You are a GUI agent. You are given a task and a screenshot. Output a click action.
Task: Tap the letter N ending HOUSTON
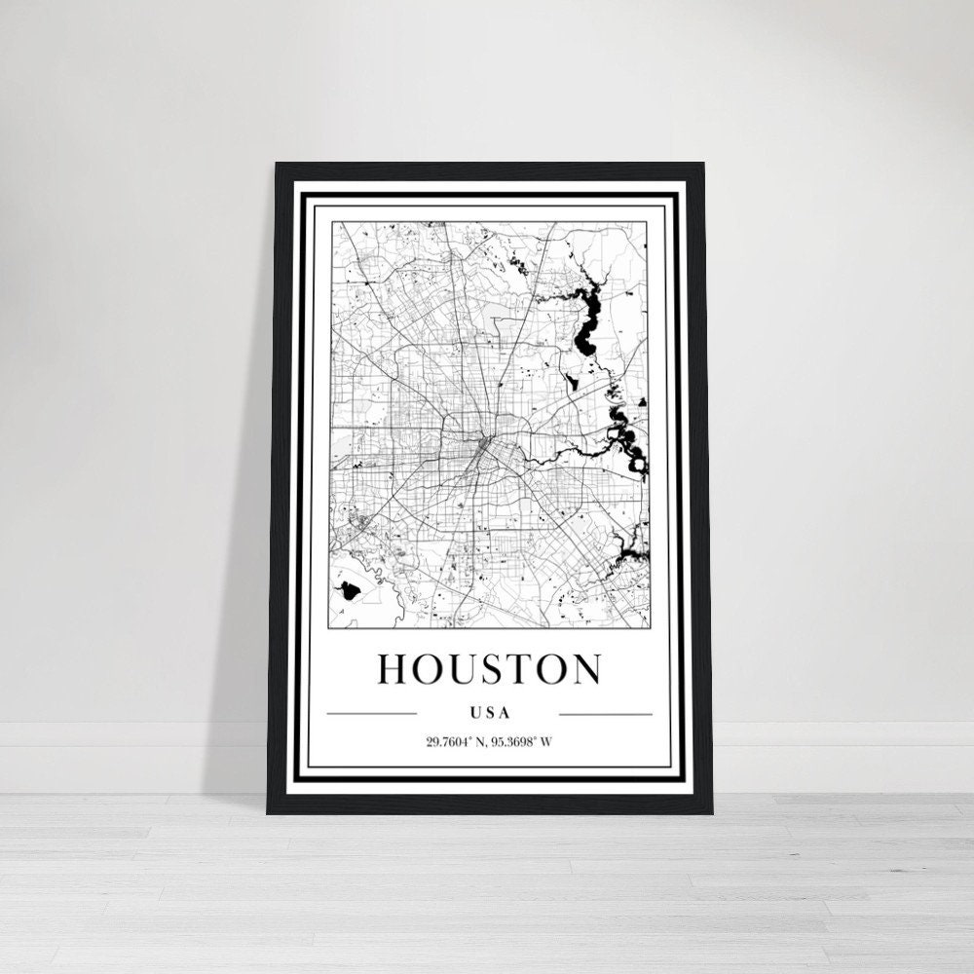[x=583, y=669]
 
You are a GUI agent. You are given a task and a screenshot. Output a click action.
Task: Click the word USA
[x=489, y=713]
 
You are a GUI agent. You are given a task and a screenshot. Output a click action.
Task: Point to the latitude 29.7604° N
[x=456, y=742]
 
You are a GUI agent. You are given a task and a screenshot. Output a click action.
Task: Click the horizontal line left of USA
[x=371, y=714]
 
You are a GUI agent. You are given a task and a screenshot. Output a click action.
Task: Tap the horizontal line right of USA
[x=606, y=714]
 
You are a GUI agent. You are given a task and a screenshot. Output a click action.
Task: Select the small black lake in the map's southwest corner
[x=349, y=589]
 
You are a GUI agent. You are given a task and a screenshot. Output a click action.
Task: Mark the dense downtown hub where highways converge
[x=486, y=450]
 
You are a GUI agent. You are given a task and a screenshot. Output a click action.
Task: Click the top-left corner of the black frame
[x=278, y=165]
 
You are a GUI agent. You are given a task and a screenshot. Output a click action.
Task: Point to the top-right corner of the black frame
[x=701, y=165]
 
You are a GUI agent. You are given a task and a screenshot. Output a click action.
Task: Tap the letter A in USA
[x=504, y=713]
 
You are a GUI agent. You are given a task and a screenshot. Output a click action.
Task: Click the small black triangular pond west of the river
[x=572, y=383]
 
